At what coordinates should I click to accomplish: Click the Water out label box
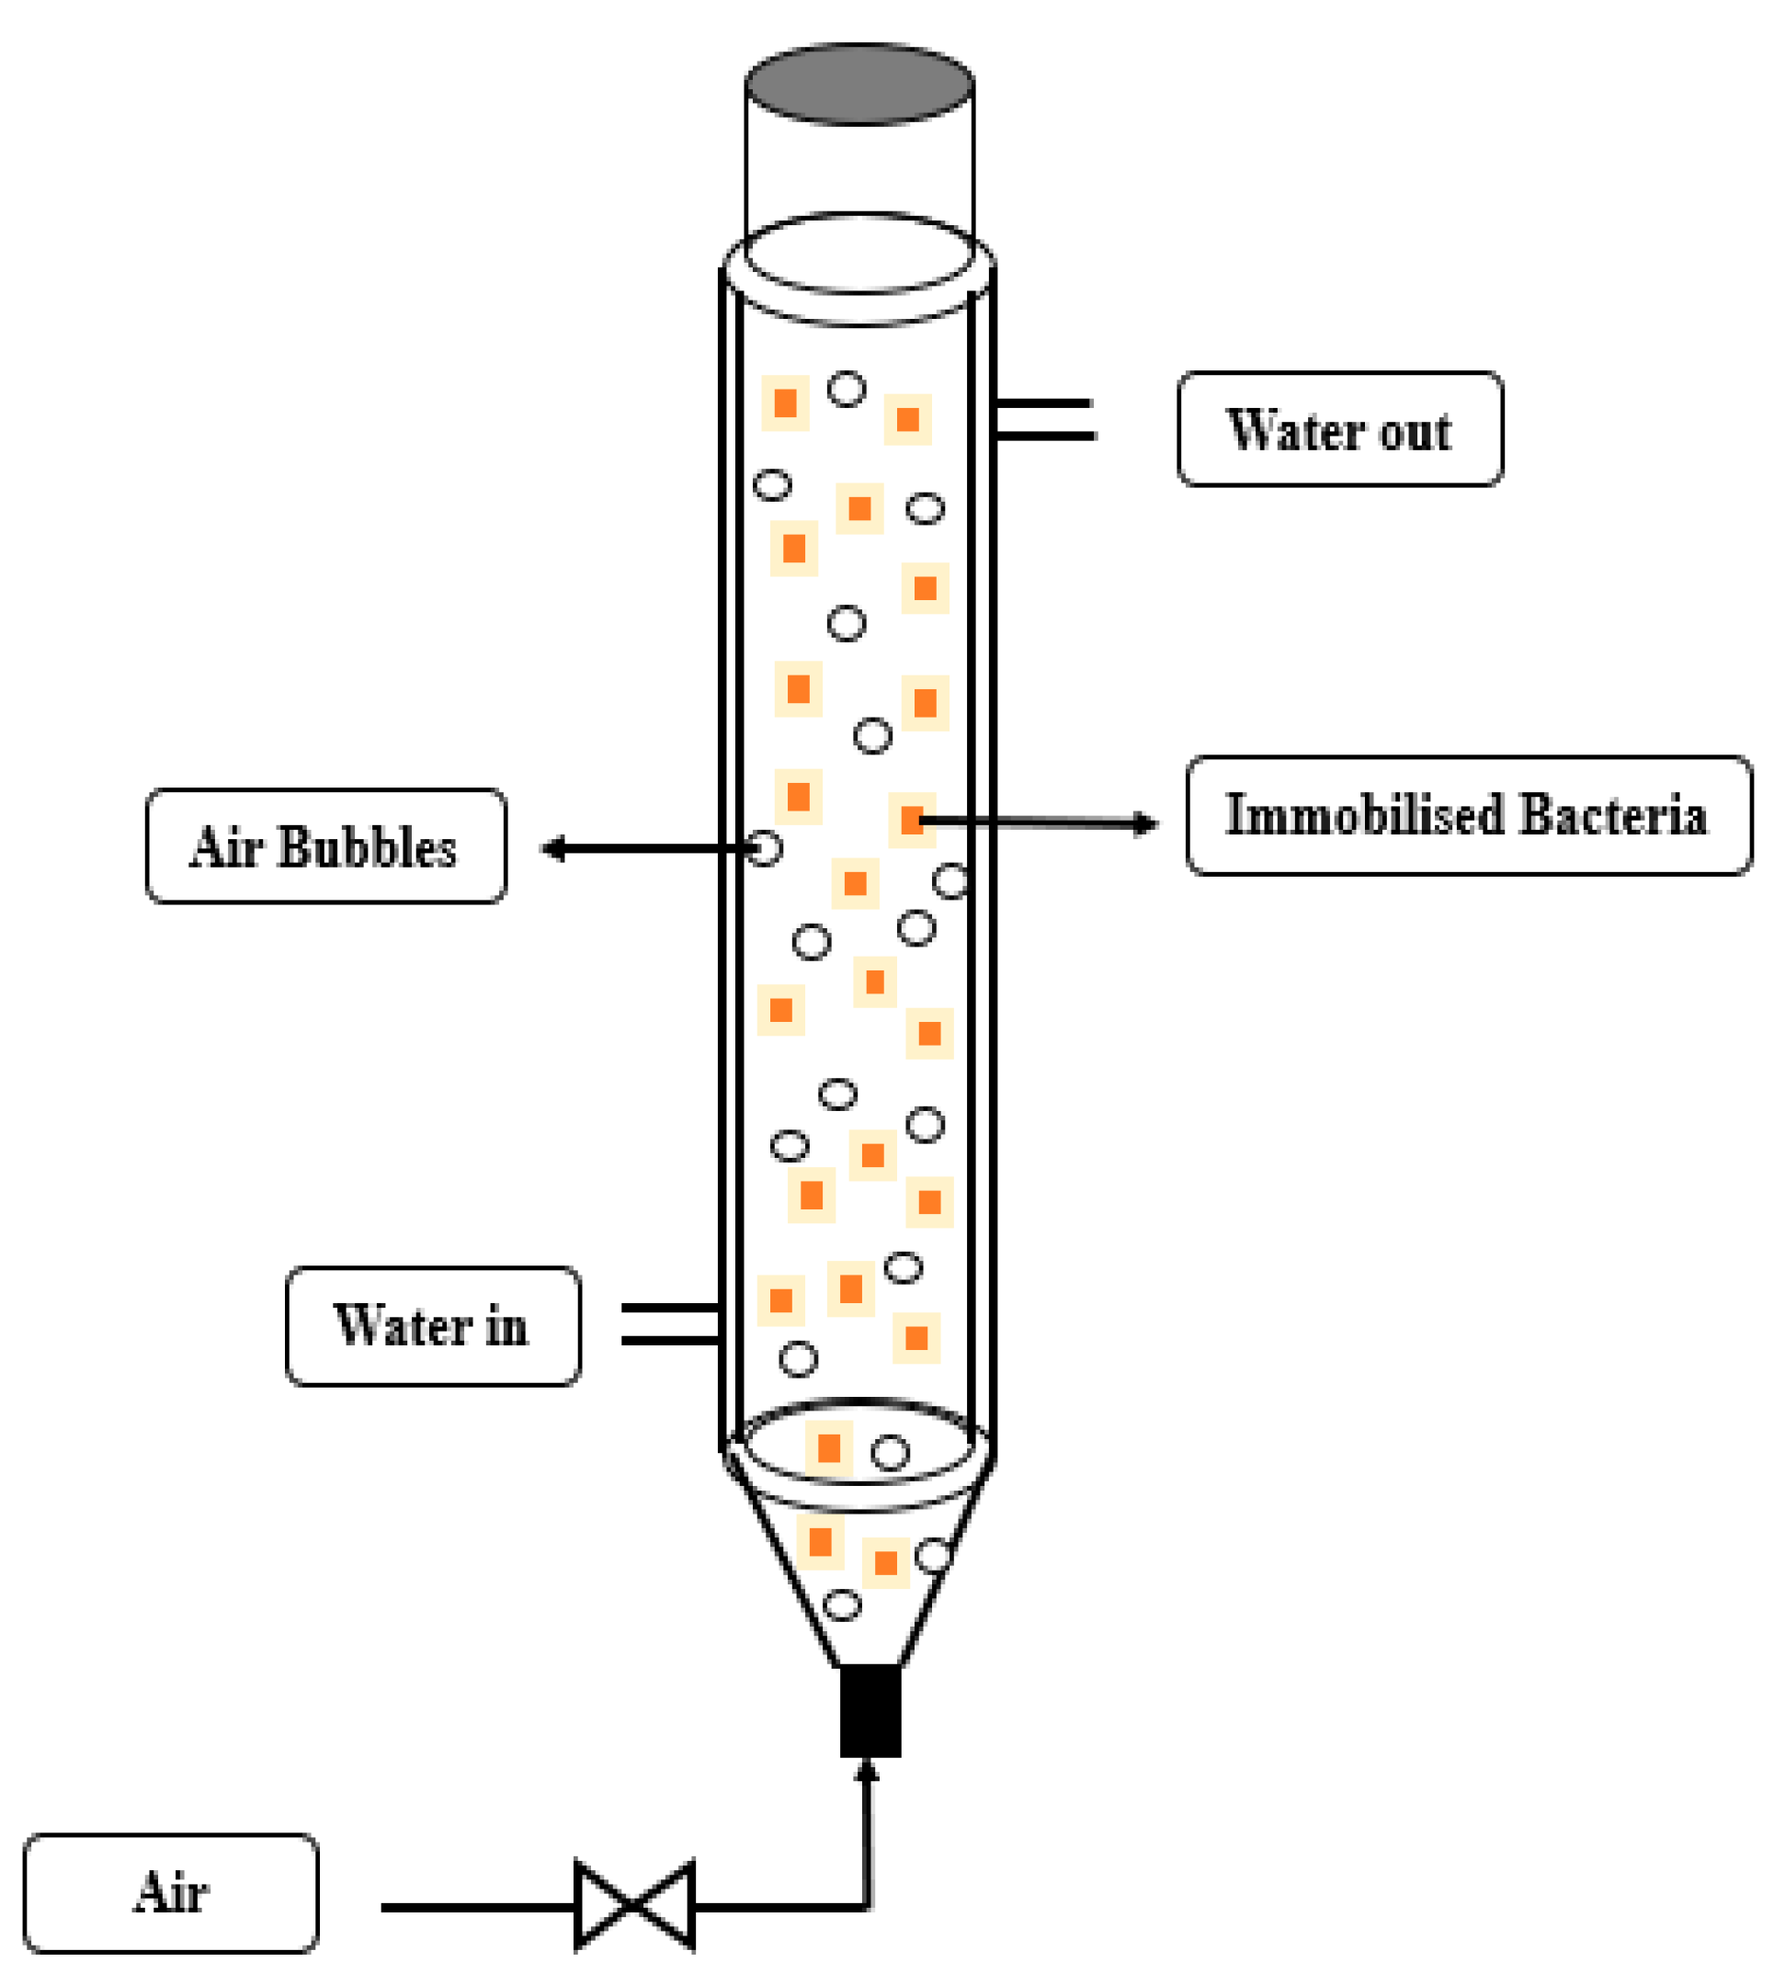pyautogui.click(x=1340, y=429)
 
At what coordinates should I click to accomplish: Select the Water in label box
pyautogui.click(x=433, y=1325)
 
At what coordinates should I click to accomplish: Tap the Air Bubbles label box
pyautogui.click(x=325, y=845)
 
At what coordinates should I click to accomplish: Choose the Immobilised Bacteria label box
pyautogui.click(x=1468, y=814)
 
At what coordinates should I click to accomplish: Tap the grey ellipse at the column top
pyautogui.click(x=859, y=84)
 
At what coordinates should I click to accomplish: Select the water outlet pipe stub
pyautogui.click(x=1045, y=419)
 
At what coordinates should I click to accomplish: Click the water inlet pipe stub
pyautogui.click(x=670, y=1324)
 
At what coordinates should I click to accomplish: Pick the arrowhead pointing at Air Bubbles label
pyautogui.click(x=553, y=849)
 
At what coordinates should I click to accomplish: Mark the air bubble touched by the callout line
pyautogui.click(x=765, y=849)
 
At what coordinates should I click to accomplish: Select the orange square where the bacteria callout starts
pyautogui.click(x=912, y=820)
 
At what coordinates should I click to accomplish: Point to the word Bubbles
pyautogui.click(x=368, y=846)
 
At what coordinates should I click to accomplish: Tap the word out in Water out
pyautogui.click(x=1416, y=431)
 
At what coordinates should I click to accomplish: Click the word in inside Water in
pyautogui.click(x=506, y=1326)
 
